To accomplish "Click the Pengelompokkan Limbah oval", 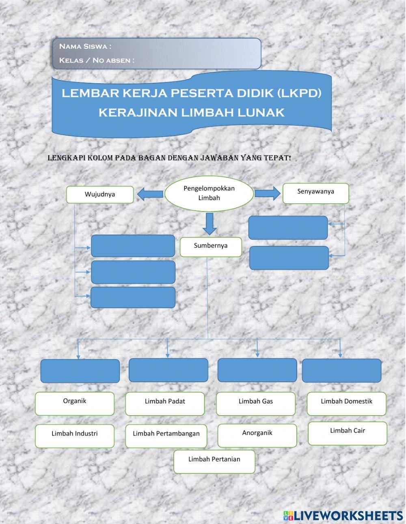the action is coord(209,193).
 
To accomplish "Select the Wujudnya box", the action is coord(100,194).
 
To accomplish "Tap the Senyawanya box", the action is coord(315,193).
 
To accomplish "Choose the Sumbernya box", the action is coord(211,246).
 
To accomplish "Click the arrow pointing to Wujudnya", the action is coord(150,194).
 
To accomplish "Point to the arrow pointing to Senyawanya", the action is coord(267,193).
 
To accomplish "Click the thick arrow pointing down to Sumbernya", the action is coord(209,224).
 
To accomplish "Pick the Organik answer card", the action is coord(75,403).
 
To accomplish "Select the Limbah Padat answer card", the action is coord(165,403).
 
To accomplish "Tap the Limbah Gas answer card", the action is coord(256,403).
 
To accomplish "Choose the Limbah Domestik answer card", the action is coord(346,403).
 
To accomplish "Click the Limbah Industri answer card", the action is coord(75,436).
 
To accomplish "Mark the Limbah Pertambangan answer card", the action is coord(166,436).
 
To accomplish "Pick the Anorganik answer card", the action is coord(257,435).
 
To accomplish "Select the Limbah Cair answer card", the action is coord(347,433).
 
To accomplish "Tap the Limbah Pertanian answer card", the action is coord(214,461).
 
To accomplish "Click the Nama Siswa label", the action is coord(85,46).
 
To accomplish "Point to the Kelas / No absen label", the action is coord(97,60).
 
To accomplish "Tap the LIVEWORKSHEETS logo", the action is coord(343,515).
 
